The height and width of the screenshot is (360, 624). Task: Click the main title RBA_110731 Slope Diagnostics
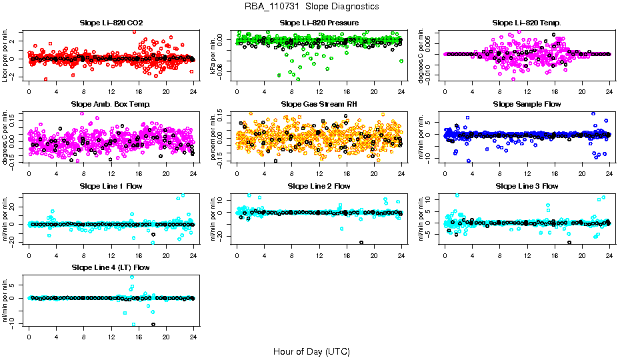click(x=311, y=7)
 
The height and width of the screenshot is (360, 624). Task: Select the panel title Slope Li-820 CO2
click(x=111, y=23)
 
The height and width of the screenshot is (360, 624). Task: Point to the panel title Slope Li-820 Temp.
click(x=527, y=23)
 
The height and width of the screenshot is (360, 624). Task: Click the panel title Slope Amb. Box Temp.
click(x=111, y=105)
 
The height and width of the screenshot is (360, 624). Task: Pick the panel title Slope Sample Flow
click(x=527, y=105)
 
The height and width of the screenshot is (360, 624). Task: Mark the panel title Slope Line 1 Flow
click(x=111, y=186)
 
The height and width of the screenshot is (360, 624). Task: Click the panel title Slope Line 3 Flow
click(x=527, y=186)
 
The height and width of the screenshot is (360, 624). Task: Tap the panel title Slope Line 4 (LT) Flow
click(x=111, y=268)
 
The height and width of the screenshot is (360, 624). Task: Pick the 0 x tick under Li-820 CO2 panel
click(x=29, y=92)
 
